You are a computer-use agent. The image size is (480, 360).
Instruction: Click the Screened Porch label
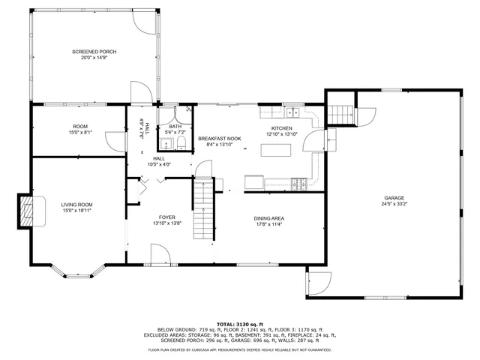94,52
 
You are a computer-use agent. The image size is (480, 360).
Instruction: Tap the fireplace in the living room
27,211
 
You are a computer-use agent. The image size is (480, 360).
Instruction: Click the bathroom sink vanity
181,142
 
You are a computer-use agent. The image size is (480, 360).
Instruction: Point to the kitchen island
276,149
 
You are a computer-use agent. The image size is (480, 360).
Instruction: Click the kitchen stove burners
299,182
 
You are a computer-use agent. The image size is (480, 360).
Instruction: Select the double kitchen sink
291,112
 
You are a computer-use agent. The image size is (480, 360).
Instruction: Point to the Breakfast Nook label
219,139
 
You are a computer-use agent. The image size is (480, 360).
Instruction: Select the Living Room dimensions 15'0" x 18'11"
76,211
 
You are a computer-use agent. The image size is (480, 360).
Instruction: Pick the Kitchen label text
281,128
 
